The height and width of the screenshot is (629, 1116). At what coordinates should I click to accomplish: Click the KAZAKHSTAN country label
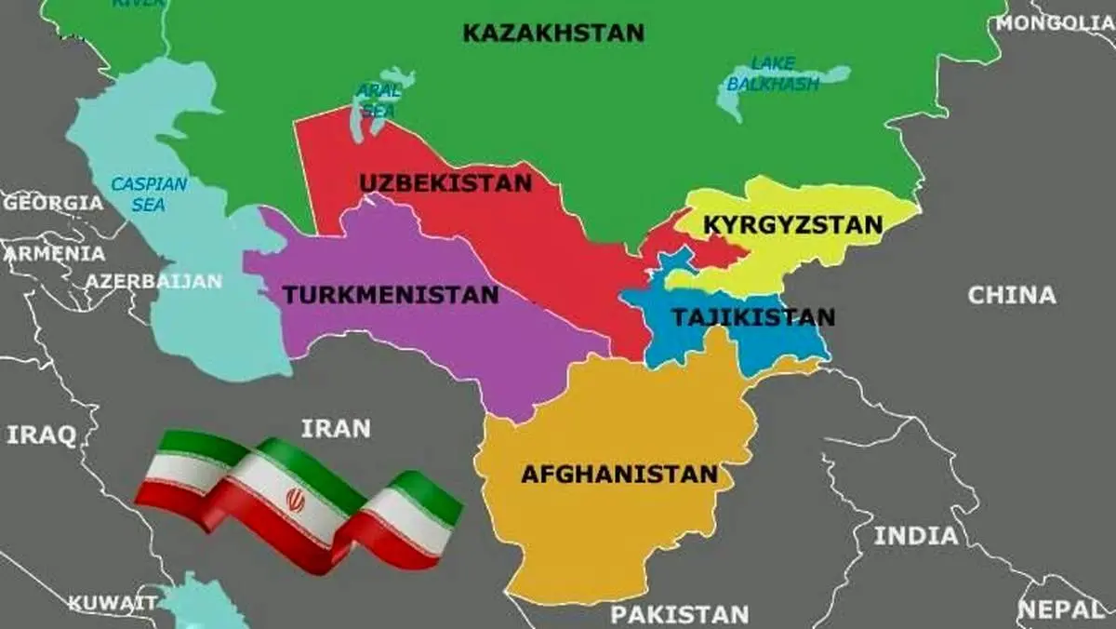point(553,33)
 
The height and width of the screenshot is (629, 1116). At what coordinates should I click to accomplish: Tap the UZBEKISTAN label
point(445,182)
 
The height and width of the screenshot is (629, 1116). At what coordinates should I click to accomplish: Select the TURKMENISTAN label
point(391,296)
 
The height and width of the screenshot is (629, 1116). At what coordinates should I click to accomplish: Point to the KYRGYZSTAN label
point(792,225)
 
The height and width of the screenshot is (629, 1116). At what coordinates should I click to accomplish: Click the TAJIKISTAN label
point(753,317)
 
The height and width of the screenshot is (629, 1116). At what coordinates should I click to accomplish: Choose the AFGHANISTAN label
point(618,474)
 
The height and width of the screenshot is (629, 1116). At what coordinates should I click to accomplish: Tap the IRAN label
point(336,428)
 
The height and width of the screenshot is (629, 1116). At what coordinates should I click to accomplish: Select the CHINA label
point(1012,296)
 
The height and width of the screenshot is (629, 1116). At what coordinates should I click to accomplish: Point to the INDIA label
point(916,536)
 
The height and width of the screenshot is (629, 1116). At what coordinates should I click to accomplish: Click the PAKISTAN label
point(680,614)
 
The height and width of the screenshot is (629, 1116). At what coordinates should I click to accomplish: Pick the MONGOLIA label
point(1055,23)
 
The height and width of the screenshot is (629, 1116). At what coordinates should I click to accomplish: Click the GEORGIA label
point(52,202)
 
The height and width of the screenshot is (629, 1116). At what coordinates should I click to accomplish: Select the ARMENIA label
point(54,253)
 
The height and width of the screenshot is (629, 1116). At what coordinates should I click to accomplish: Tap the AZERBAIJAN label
point(154,280)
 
